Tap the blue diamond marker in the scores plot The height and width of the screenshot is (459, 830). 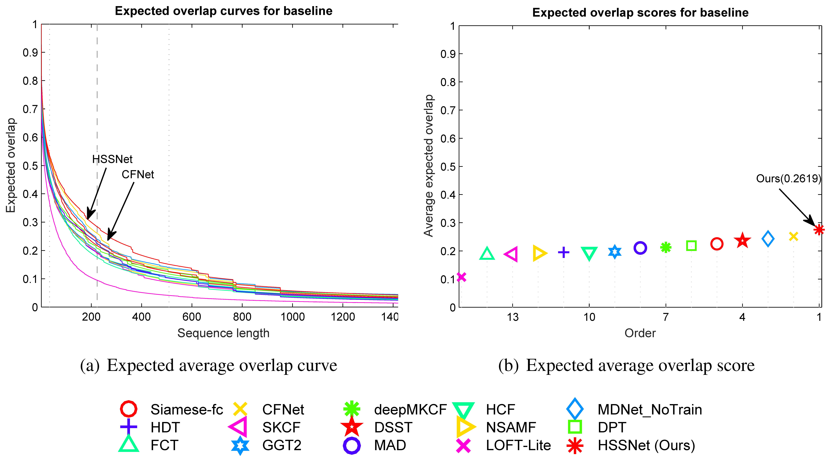[x=768, y=239]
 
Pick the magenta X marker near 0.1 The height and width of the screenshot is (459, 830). [x=461, y=277]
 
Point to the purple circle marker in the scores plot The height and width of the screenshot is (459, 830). [x=640, y=248]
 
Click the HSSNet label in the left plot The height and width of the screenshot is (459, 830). [x=112, y=159]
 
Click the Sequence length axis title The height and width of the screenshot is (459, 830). [x=223, y=333]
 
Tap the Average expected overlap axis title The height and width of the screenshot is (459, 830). [x=429, y=166]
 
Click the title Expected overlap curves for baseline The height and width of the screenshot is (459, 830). [x=224, y=11]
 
